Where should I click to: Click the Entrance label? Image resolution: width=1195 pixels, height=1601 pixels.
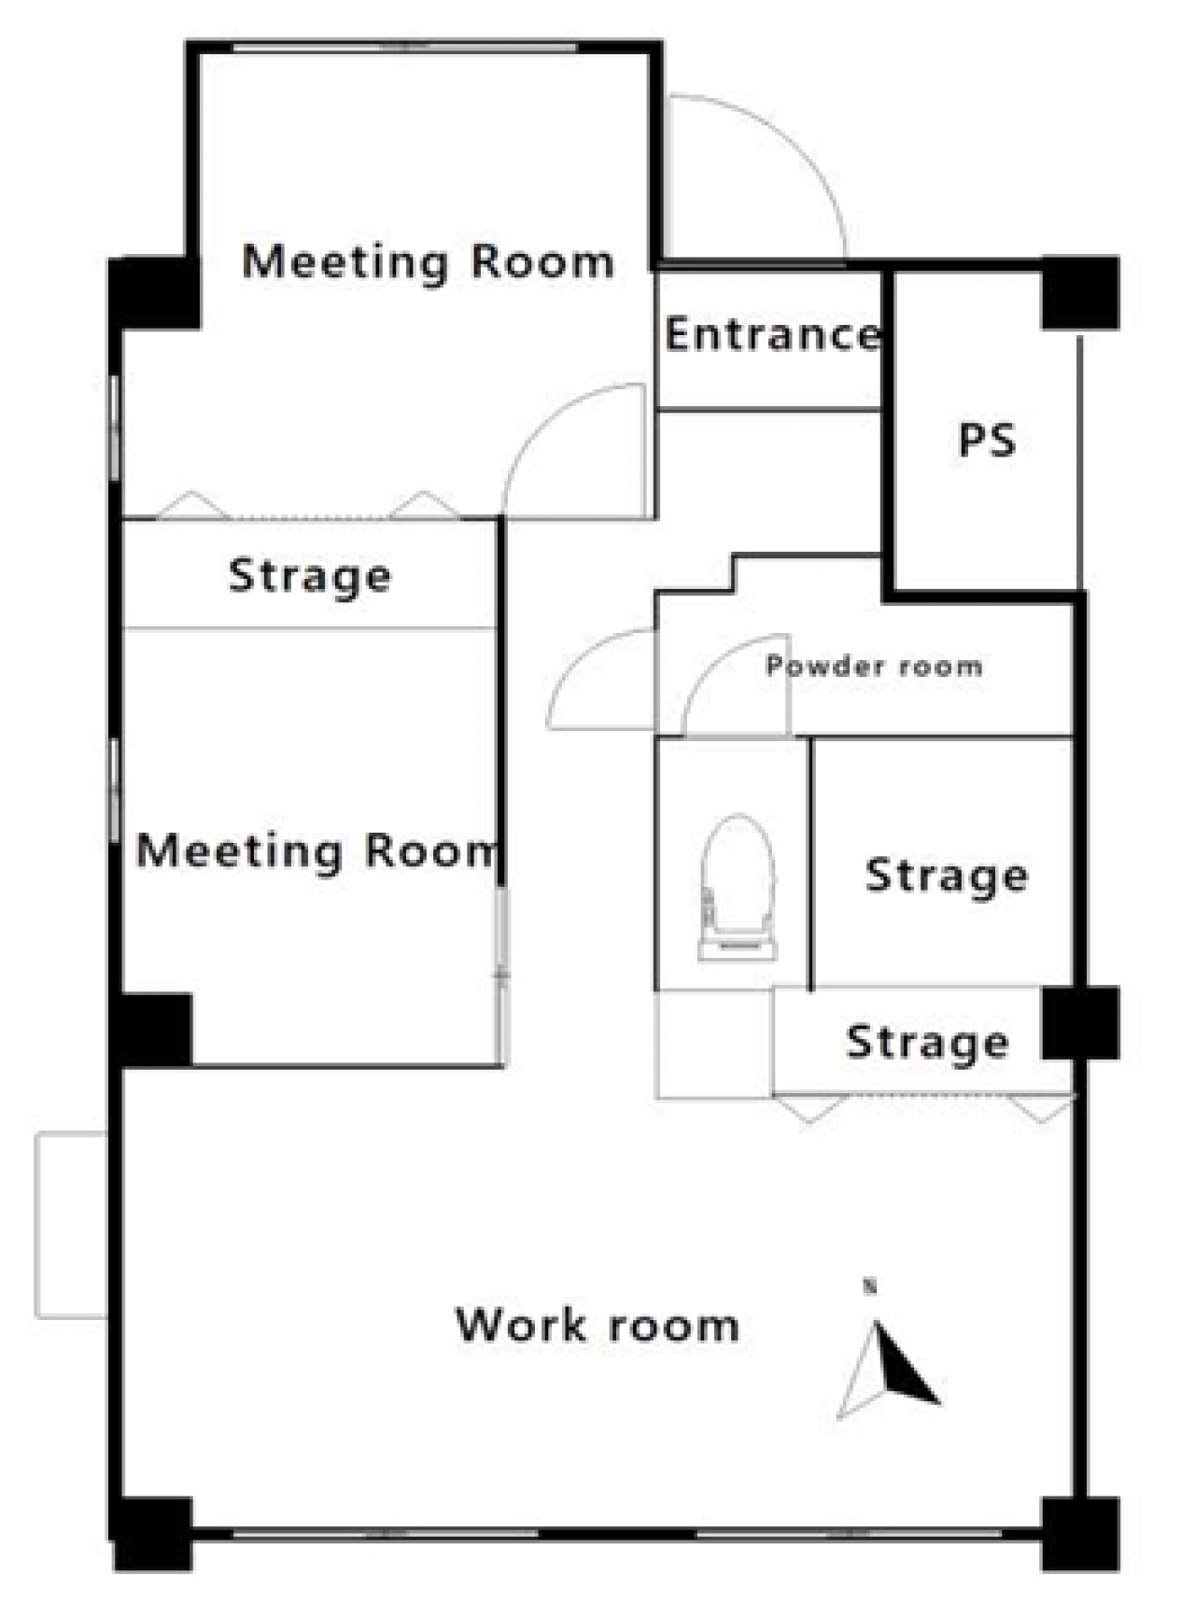[772, 333]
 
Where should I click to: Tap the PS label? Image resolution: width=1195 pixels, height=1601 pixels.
[987, 440]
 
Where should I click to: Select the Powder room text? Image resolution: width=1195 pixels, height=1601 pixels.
[874, 666]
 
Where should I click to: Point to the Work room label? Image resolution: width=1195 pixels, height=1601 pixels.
[597, 1325]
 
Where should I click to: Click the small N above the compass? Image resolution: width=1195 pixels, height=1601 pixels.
[870, 1287]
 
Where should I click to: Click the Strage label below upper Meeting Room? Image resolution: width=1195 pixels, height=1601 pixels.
[310, 576]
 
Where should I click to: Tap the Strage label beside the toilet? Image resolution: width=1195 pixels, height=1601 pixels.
[947, 876]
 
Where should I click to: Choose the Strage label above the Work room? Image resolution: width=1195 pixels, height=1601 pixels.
[927, 1042]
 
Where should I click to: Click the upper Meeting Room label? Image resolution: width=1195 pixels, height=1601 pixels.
[429, 260]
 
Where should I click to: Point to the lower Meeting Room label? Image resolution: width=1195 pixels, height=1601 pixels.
[316, 850]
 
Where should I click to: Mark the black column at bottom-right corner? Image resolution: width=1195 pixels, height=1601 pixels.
[1080, 1534]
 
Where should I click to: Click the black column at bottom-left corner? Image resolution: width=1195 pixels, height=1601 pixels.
[152, 1534]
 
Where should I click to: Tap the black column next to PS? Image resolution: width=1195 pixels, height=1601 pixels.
[1080, 293]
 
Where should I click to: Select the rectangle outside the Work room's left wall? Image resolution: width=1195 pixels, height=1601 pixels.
[72, 1225]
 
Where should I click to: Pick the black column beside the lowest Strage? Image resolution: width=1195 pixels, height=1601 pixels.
[1080, 1023]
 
